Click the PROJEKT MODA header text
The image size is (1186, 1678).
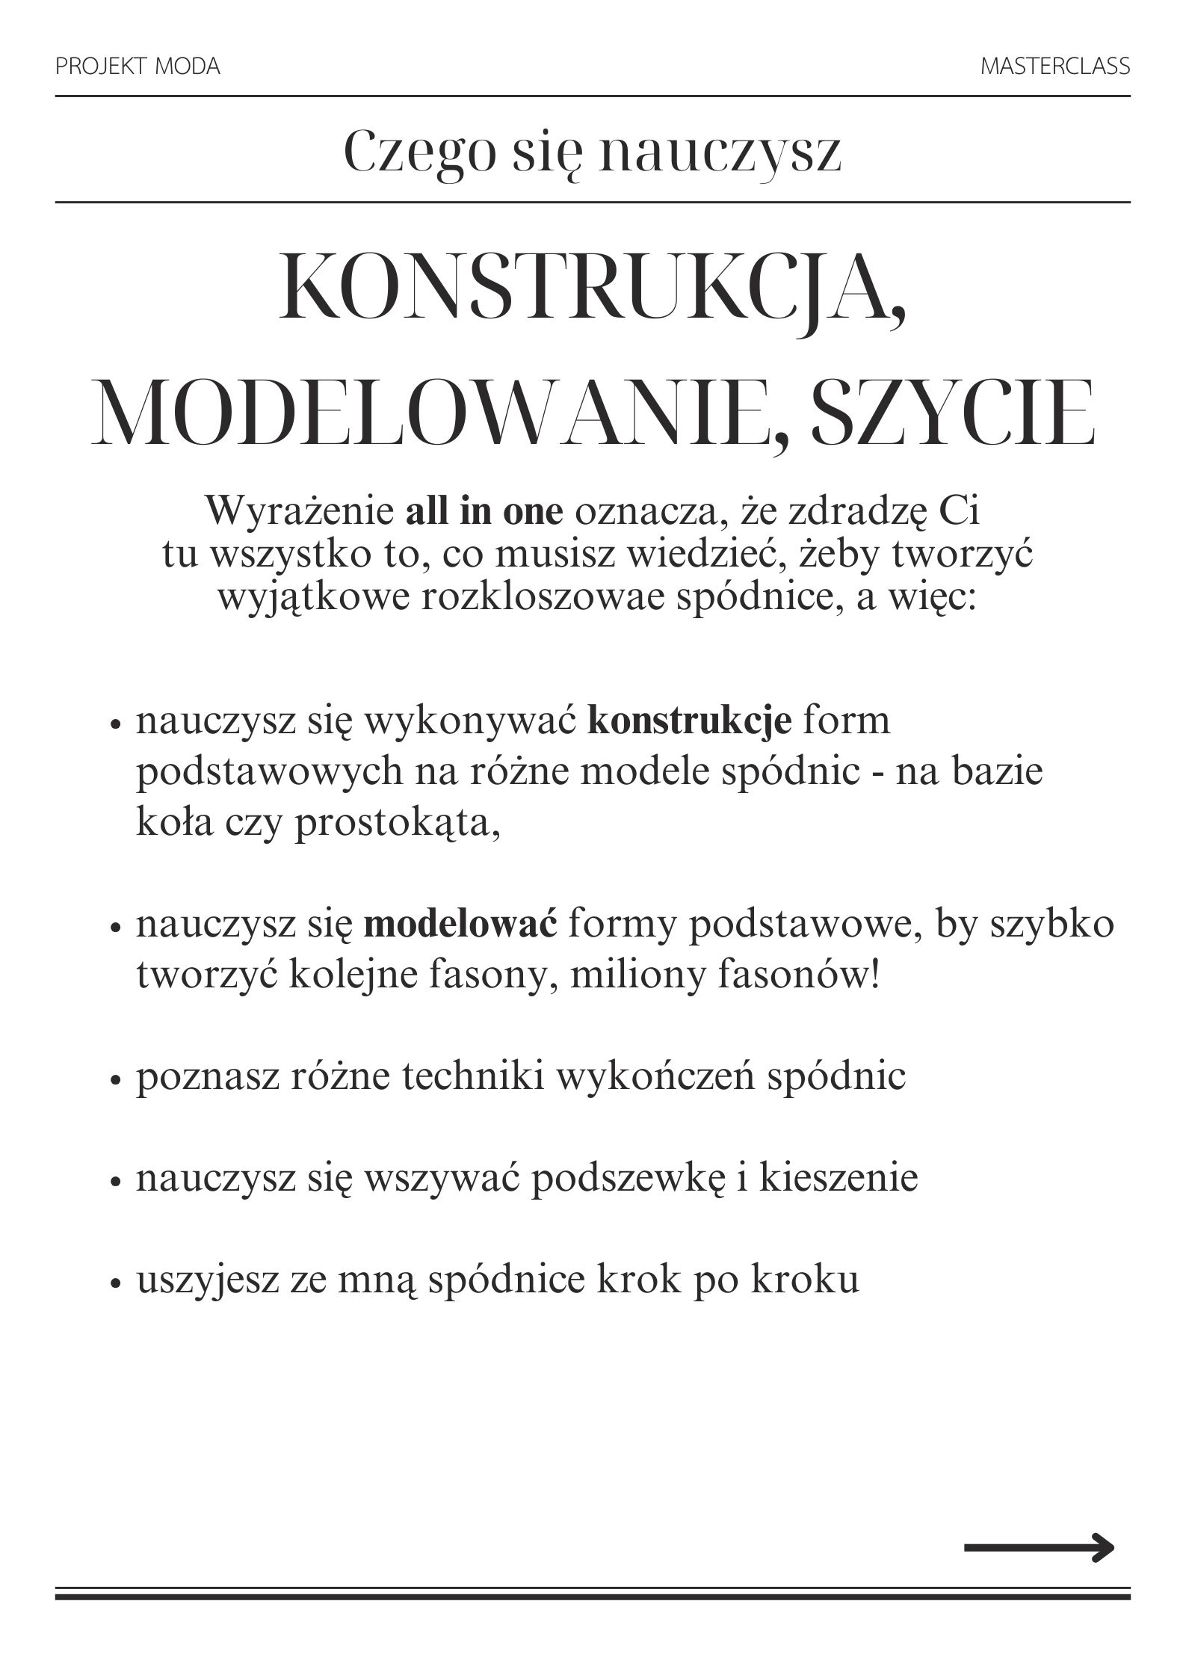(138, 67)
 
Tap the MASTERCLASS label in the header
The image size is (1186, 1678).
(1054, 67)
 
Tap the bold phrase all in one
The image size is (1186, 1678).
(484, 512)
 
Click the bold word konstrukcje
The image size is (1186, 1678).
(690, 722)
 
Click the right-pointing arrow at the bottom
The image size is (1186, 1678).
(1039, 1546)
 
